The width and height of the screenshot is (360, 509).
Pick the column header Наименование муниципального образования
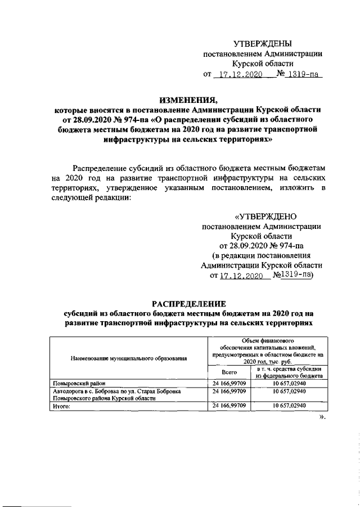click(x=129, y=358)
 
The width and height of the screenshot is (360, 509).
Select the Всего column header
click(x=229, y=373)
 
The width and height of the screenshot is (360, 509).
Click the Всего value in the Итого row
click(x=229, y=406)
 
